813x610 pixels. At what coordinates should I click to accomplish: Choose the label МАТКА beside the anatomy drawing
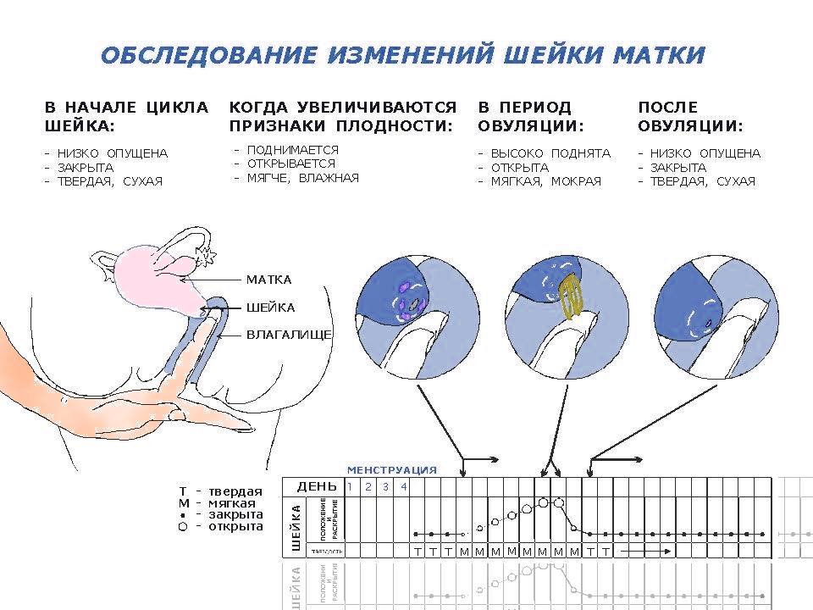tap(268, 280)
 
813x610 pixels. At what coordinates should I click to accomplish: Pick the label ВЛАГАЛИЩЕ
tap(289, 335)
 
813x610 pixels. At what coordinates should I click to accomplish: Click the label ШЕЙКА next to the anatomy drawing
tap(270, 308)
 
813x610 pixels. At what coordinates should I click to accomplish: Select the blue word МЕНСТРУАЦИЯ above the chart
tap(391, 469)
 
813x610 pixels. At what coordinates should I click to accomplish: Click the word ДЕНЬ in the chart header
tap(317, 486)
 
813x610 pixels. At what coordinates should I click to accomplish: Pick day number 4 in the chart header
tap(403, 486)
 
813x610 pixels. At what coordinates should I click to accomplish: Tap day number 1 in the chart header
tap(348, 486)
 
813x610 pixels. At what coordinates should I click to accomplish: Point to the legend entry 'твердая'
tap(235, 491)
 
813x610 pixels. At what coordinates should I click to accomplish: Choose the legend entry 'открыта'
tap(235, 526)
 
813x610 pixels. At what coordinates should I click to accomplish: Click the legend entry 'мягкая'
tap(232, 503)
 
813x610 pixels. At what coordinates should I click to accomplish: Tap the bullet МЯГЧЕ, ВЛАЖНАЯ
tap(302, 178)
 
